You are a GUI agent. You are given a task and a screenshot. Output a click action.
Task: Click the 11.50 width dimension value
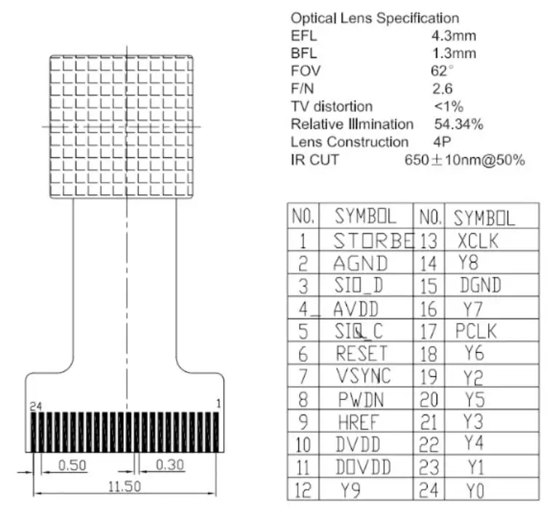click(124, 486)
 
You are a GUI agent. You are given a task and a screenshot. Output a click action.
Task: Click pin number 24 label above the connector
click(36, 405)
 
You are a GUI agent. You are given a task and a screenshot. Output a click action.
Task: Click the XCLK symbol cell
click(478, 241)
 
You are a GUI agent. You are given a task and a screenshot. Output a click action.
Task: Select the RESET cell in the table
click(362, 354)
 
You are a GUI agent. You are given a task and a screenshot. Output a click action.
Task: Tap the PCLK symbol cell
click(477, 331)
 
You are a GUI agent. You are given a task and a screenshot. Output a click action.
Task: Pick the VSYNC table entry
click(364, 376)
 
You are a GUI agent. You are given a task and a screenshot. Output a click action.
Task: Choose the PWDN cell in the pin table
click(361, 399)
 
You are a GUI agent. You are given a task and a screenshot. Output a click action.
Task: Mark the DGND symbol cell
click(481, 285)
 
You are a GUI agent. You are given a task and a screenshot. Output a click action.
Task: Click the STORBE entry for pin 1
click(373, 240)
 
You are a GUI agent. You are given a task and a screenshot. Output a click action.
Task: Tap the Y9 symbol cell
click(352, 490)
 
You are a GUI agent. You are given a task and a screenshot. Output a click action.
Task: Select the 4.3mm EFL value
click(454, 35)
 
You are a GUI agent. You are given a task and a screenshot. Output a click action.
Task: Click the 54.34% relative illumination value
click(458, 124)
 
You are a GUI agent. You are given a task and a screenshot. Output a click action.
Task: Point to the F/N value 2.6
click(442, 89)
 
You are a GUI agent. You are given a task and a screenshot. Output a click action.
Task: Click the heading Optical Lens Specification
click(375, 17)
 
